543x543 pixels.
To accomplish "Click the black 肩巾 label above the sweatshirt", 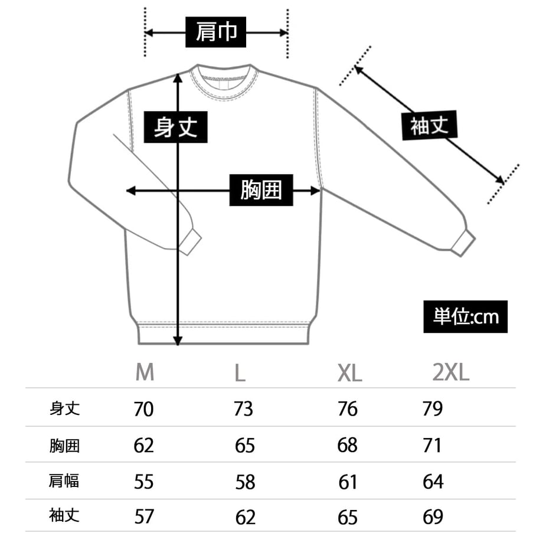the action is pos(216,32).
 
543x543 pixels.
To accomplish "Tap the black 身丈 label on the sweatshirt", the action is pos(175,127).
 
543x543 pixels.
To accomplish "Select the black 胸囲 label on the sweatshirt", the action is pos(261,190).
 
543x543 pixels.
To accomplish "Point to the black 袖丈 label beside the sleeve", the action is pos(430,125).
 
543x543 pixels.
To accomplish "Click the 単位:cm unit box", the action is pos(466,316).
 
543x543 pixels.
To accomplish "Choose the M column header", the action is pos(145,372).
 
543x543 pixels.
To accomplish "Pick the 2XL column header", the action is pos(451,372).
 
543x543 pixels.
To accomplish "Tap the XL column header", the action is pos(350,373).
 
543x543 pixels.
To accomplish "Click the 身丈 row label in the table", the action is pos(65,408).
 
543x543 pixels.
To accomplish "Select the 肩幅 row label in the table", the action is pos(64,480).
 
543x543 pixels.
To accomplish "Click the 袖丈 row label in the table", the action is pos(64,515).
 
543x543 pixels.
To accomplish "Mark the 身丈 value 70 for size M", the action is pos(143,409).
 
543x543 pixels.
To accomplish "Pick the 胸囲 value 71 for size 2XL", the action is pos(432,446).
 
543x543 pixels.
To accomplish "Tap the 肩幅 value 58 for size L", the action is pos(245,482).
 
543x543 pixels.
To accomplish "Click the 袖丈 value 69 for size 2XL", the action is pos(433,516).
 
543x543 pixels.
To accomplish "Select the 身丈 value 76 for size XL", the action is pos(347,409).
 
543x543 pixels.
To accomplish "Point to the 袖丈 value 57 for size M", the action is pos(144,516).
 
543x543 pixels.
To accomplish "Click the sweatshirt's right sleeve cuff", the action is pos(463,243).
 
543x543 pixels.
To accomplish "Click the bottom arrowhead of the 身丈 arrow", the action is pos(178,341).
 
